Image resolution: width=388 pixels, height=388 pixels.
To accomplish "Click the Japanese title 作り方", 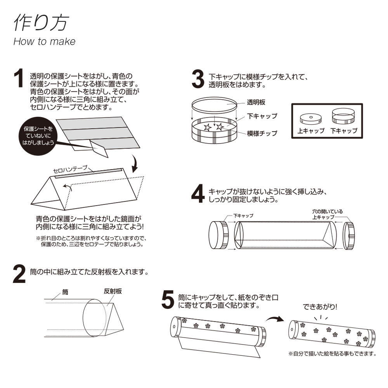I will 41,23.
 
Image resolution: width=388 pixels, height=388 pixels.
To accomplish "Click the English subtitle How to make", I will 44,42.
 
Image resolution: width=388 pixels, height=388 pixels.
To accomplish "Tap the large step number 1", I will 19,79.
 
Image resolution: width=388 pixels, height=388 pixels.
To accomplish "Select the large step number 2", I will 19,275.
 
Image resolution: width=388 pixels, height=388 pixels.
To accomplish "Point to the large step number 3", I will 198,79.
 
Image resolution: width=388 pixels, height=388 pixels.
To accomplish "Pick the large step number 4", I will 198,194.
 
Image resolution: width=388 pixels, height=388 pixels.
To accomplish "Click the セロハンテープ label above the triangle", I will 70,170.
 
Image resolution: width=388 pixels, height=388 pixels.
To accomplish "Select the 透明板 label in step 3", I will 256,103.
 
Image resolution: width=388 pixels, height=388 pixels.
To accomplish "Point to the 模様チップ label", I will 262,133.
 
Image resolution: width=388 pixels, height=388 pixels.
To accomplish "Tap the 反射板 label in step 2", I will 113,291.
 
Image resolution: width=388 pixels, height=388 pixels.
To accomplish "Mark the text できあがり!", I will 320,307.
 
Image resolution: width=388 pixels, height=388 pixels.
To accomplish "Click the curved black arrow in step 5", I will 275,319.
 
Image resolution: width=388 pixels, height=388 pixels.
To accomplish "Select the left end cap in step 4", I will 219,235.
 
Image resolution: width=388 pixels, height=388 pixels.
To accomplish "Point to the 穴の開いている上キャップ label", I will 327,214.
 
